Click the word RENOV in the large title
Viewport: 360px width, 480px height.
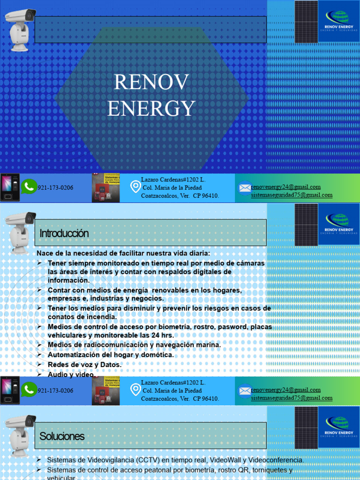(151, 83)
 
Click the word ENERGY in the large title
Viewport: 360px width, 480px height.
(151, 108)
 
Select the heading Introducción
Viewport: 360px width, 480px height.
(64, 233)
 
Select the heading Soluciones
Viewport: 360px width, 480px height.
(62, 436)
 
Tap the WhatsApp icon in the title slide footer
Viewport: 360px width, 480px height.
(29, 187)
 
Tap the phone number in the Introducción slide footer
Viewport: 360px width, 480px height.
(55, 390)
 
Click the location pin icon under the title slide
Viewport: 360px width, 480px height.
(135, 187)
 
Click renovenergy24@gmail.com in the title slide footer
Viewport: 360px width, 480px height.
(286, 187)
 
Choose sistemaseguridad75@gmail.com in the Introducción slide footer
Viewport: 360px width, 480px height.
(292, 398)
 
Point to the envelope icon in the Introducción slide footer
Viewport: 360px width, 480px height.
(245, 390)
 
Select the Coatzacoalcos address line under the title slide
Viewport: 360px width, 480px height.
(180, 195)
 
